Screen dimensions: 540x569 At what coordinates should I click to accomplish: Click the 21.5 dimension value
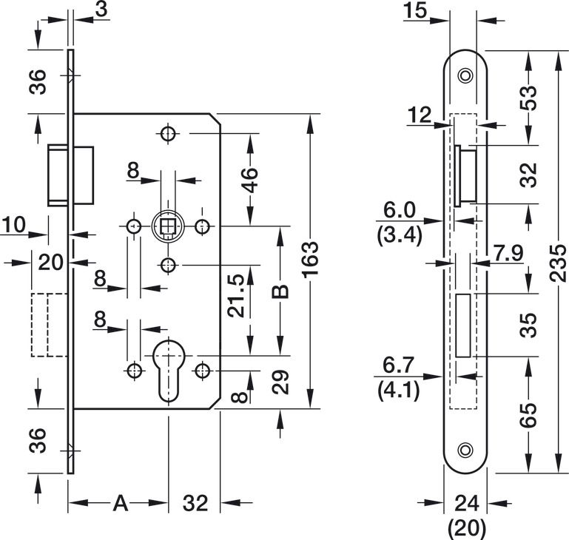[x=236, y=296]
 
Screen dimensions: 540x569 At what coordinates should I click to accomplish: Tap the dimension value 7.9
[x=508, y=254]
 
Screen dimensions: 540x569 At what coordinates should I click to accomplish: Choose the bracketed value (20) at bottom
[x=465, y=528]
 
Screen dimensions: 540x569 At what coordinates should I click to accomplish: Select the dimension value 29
[x=279, y=382]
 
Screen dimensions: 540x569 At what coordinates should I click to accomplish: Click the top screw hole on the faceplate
[x=465, y=75]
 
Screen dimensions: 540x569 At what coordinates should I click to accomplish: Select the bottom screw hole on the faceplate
[x=465, y=449]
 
